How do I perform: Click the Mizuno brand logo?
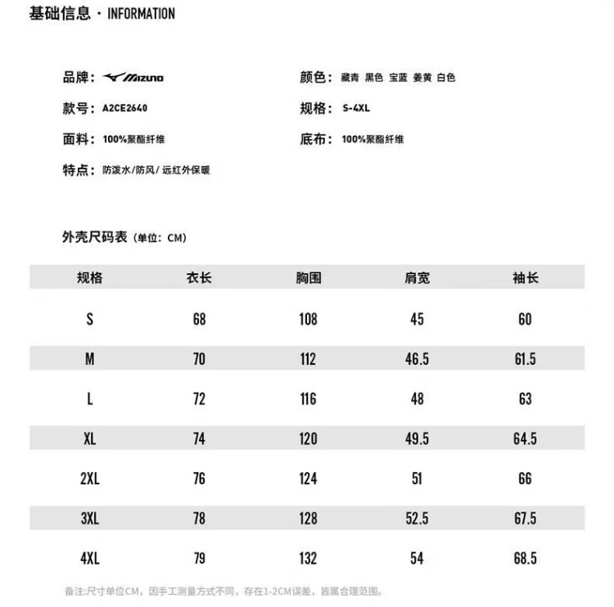coord(133,78)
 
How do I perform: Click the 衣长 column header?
coord(199,277)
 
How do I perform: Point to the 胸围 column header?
coord(308,277)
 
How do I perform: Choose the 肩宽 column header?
coord(417,277)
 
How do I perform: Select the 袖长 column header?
coord(525,277)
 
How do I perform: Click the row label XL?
coord(89,439)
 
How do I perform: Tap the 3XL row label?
coord(89,519)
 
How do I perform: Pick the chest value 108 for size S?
coord(308,319)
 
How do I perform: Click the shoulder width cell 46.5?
coord(417,359)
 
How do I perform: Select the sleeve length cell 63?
coord(525,399)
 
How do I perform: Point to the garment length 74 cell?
coord(199,439)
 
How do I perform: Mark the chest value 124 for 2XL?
coord(308,479)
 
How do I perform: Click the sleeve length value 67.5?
coord(525,519)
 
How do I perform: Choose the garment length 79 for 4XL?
coord(199,559)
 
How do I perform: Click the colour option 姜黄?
coord(422,78)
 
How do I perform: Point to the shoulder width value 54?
coord(417,559)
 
